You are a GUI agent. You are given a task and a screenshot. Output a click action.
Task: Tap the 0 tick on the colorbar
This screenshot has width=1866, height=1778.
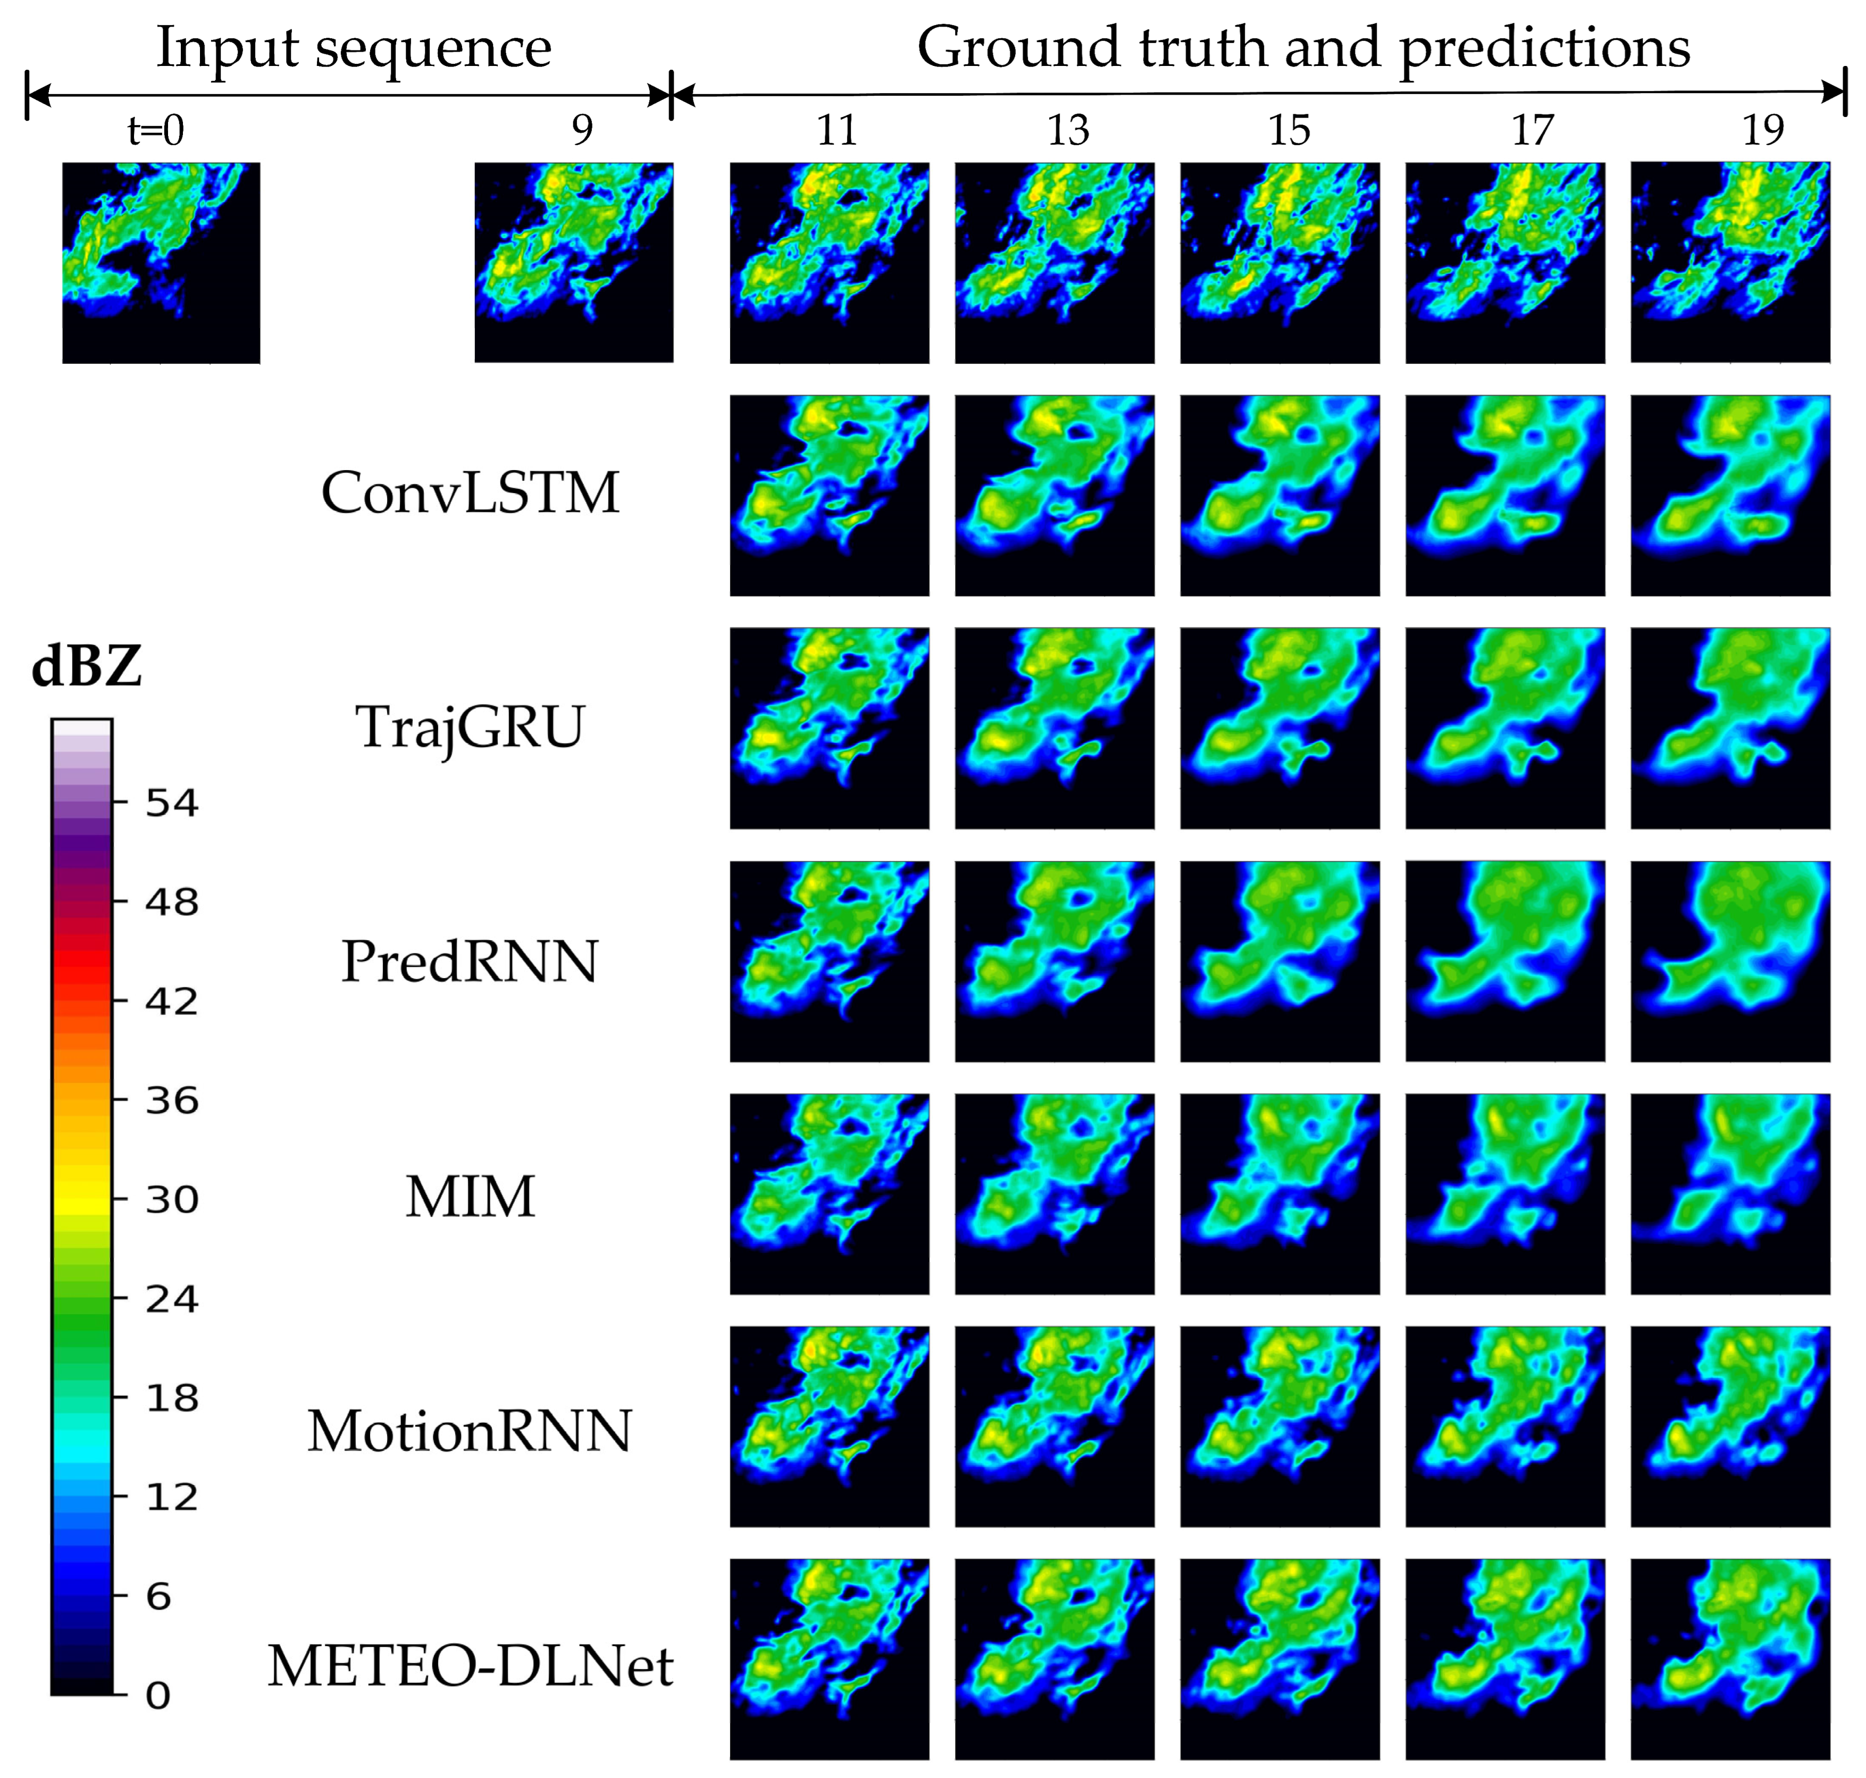pyautogui.click(x=158, y=1694)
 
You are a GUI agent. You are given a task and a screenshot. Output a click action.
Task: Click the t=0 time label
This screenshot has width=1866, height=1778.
pyautogui.click(x=156, y=130)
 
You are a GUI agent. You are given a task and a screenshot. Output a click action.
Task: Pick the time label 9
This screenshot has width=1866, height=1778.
pyautogui.click(x=582, y=130)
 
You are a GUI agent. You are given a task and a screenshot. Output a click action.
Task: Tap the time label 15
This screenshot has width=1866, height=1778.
pyautogui.click(x=1290, y=130)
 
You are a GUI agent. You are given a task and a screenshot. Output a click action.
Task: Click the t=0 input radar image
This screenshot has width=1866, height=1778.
pyautogui.click(x=161, y=263)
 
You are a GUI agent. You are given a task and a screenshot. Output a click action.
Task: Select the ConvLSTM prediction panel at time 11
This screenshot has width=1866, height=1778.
pyautogui.click(x=829, y=495)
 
